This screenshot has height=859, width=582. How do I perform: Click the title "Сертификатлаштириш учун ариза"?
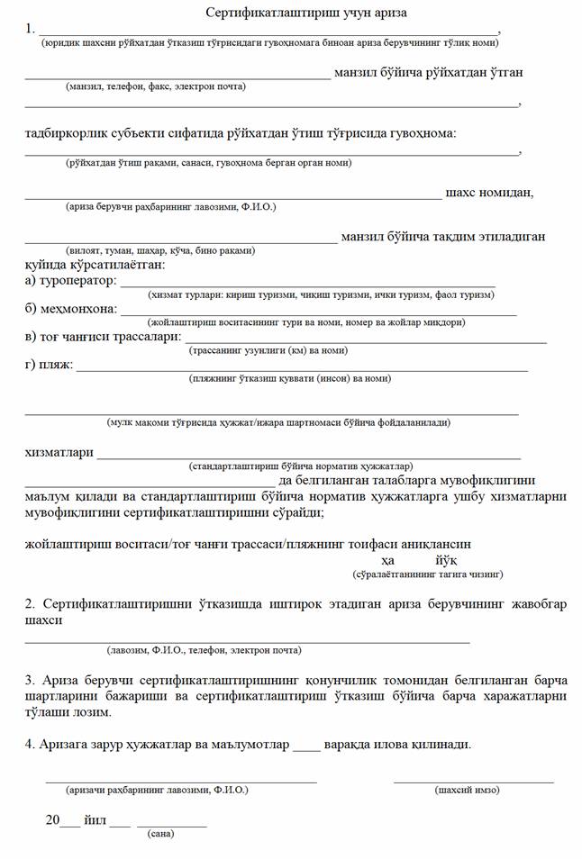coord(293,13)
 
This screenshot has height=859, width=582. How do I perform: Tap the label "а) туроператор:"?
coord(71,282)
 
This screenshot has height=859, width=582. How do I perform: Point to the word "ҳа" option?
coord(388,559)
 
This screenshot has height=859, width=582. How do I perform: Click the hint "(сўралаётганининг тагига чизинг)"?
coord(427,574)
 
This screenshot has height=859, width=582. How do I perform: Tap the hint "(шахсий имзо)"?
coord(467,790)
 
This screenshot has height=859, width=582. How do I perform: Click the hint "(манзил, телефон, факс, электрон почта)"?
coord(155,86)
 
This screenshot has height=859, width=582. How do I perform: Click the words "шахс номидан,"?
coord(490,192)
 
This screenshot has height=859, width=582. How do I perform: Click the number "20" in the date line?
coord(53,820)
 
